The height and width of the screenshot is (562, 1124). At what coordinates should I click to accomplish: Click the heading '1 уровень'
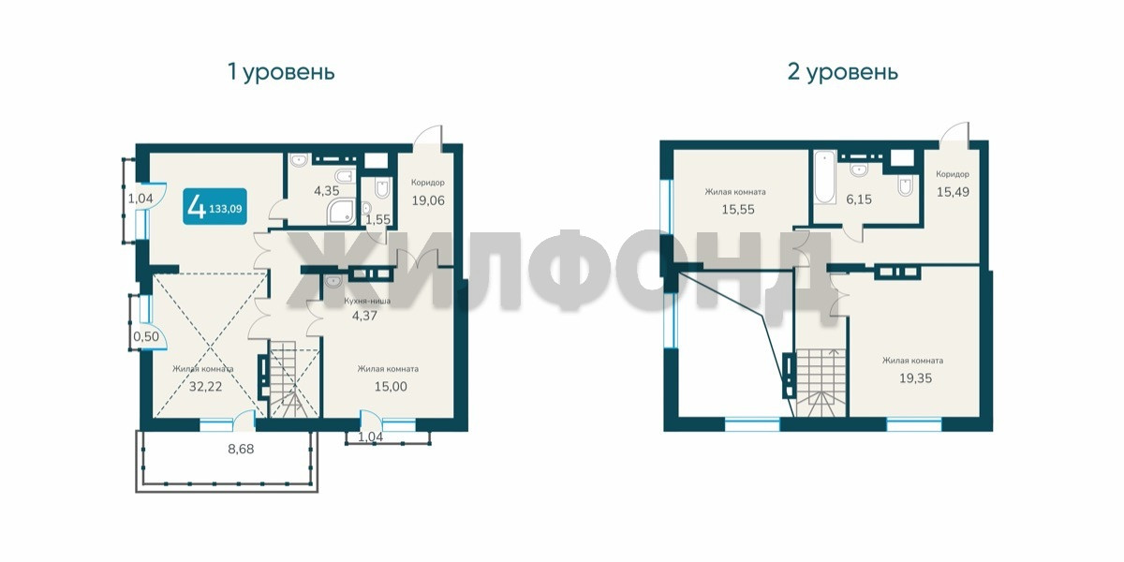click(x=281, y=72)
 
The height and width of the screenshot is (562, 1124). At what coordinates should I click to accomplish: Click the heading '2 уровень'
click(x=842, y=72)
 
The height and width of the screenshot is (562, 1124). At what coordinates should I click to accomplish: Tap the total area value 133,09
click(x=226, y=209)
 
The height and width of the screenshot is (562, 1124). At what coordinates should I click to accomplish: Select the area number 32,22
click(x=206, y=386)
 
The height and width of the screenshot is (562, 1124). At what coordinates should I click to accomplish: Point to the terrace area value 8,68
click(x=241, y=449)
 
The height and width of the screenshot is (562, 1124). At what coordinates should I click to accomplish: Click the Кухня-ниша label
click(x=367, y=301)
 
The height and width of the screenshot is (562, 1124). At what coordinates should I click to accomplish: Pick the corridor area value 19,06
click(x=428, y=200)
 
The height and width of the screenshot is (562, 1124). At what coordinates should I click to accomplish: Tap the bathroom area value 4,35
click(x=327, y=191)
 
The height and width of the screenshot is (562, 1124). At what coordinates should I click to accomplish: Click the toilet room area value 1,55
click(x=377, y=219)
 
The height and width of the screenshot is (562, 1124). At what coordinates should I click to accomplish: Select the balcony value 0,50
click(x=146, y=336)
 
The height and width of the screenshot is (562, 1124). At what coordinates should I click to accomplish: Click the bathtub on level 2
click(x=824, y=178)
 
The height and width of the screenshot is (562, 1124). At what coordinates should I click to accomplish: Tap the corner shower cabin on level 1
click(x=341, y=212)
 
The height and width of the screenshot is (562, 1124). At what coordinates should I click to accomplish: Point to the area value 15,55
click(x=738, y=209)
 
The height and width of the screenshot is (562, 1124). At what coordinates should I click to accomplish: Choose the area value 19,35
click(x=915, y=377)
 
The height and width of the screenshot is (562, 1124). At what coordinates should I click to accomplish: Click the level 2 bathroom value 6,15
click(x=859, y=200)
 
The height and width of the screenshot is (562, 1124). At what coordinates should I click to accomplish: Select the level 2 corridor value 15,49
click(x=953, y=192)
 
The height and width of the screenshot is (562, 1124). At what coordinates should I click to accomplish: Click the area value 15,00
click(x=391, y=386)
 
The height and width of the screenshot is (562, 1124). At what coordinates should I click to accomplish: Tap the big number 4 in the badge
click(x=196, y=207)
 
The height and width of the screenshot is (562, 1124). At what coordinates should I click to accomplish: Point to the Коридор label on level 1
click(x=428, y=183)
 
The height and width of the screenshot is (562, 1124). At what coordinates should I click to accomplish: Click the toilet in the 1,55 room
click(x=382, y=189)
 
